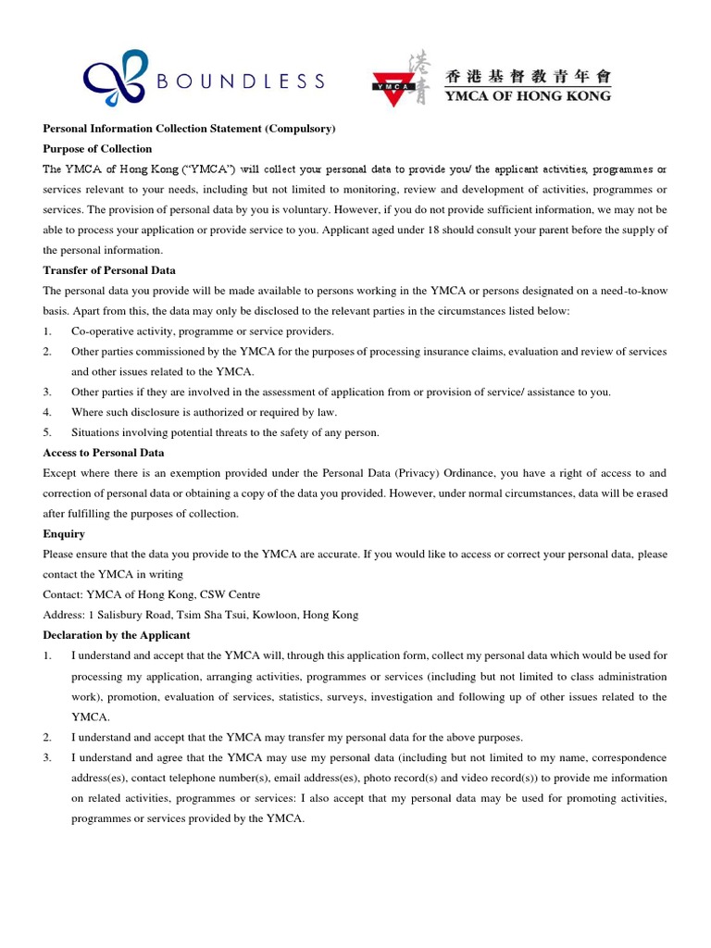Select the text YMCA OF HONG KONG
tap(528, 95)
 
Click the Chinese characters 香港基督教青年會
tap(528, 76)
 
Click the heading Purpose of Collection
tap(97, 149)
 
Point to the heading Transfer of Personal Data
tap(109, 270)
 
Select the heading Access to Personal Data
tap(104, 453)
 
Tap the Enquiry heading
tap(64, 534)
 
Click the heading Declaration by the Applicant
tap(117, 635)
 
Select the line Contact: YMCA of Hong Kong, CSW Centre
tap(152, 594)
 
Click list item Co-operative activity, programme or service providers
tap(203, 331)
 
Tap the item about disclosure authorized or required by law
tap(204, 412)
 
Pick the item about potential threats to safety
tap(225, 432)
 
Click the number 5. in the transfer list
tap(47, 432)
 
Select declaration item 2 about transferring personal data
tap(296, 737)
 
